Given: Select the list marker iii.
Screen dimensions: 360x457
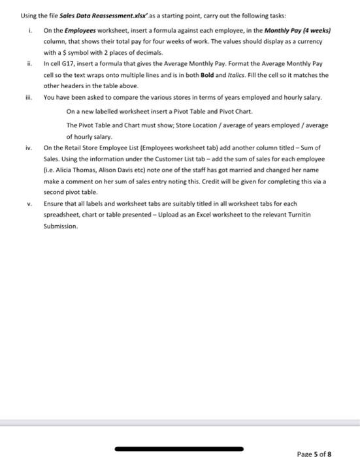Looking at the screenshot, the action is (x=28, y=97).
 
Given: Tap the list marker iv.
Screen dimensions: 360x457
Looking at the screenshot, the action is (x=28, y=148).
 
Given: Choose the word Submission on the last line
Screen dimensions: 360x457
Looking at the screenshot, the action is (x=60, y=226).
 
